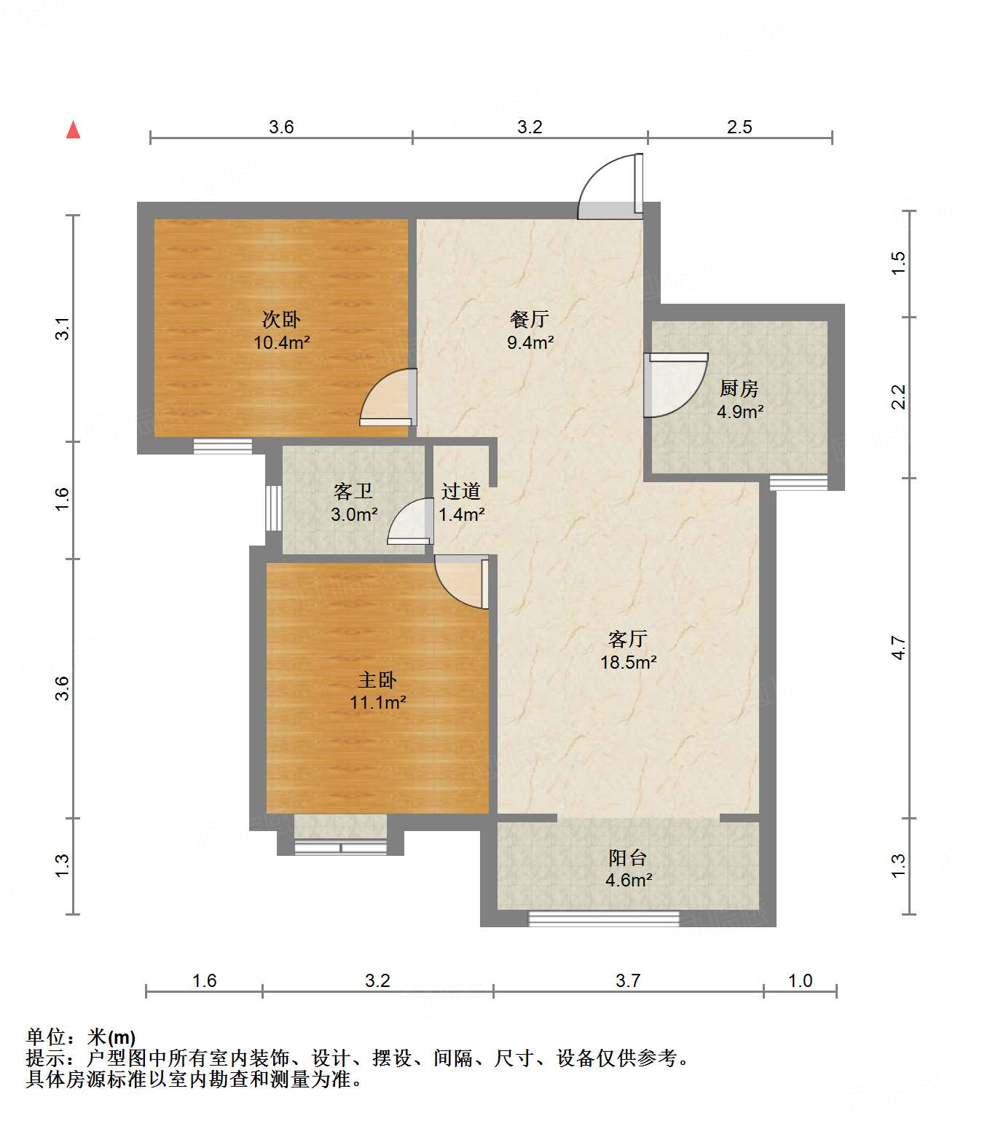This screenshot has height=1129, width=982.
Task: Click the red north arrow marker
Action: [x=73, y=130]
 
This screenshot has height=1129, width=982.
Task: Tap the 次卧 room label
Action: [x=281, y=319]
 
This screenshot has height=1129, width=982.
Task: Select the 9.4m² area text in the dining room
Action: [x=530, y=342]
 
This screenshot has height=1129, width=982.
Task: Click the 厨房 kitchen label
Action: [x=739, y=388]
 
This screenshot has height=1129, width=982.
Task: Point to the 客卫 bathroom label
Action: [x=353, y=492]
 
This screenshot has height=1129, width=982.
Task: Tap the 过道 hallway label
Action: [x=461, y=492]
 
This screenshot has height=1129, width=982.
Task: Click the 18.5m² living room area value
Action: [x=628, y=662]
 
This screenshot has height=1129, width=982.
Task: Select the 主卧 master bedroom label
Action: [x=377, y=680]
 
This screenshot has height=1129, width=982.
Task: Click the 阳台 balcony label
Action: [x=628, y=857]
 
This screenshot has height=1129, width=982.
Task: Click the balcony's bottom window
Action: [x=603, y=918]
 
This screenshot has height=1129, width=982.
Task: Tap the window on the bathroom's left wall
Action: [x=273, y=508]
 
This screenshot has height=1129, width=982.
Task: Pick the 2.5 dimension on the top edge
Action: [x=739, y=127]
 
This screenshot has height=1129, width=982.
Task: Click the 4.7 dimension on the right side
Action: [x=899, y=648]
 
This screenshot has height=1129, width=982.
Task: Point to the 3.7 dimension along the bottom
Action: [x=627, y=980]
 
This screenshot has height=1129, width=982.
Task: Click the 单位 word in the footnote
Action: [x=46, y=1036]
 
